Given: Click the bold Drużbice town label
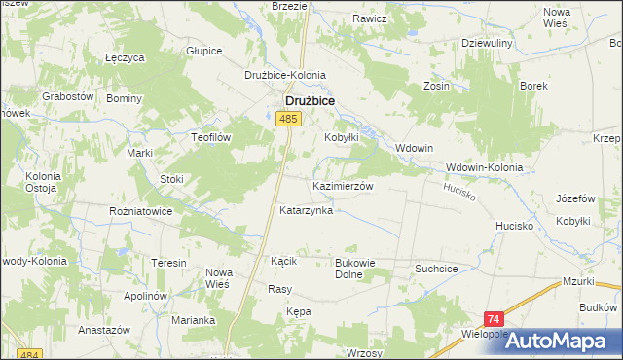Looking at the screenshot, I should (x=310, y=99).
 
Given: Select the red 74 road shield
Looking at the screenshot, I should (x=495, y=319).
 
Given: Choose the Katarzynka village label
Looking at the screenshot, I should (x=306, y=210).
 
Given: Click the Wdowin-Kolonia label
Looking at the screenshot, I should (x=484, y=167).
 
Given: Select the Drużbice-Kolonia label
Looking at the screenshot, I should (x=284, y=75).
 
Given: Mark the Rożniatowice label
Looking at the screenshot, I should (x=141, y=210).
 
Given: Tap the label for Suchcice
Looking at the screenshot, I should (x=436, y=266).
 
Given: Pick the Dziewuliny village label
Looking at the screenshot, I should (x=494, y=43).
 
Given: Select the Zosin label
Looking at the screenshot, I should (x=436, y=86).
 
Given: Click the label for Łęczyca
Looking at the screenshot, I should (x=125, y=58).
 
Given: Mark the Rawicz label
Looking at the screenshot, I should (x=370, y=18).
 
